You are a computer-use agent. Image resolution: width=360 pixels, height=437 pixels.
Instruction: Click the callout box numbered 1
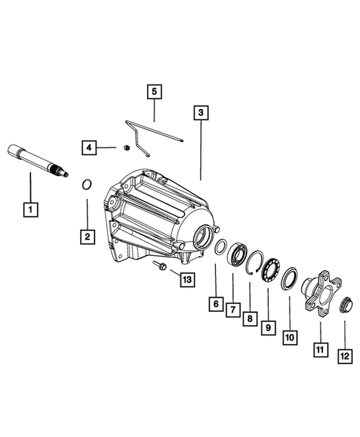coord(30,209)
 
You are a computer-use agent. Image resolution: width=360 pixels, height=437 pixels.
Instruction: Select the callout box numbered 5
coord(154,91)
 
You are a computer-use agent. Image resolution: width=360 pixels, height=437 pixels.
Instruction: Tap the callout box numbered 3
coord(201,113)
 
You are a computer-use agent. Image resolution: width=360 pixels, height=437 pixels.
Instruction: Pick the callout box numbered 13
coord(187,279)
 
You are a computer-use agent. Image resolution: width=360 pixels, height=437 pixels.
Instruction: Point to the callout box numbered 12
coord(345,356)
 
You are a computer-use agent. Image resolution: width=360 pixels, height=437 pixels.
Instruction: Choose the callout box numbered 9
coord(269,327)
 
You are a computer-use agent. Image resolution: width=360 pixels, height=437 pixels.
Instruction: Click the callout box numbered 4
coord(89,147)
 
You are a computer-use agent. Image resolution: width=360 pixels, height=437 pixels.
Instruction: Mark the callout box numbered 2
coord(88,237)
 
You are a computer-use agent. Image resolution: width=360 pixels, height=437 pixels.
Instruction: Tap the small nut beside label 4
coord(127,148)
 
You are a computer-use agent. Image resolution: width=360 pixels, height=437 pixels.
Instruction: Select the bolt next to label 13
coord(160,266)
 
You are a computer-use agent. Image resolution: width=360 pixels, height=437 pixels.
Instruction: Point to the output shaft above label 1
coord(38,160)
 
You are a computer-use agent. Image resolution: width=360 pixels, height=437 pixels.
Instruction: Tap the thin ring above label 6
coord(220,246)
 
